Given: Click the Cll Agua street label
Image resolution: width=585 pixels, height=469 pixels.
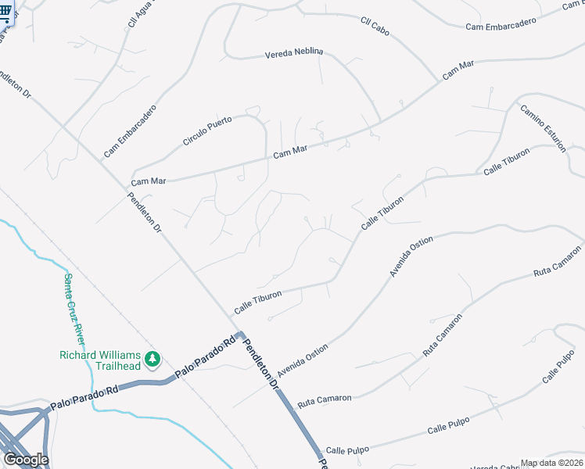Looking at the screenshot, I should tap(140, 15).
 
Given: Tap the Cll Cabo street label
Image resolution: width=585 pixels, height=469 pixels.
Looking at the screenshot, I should tap(375, 27).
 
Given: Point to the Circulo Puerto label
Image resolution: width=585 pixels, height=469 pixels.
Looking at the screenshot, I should tap(207, 131).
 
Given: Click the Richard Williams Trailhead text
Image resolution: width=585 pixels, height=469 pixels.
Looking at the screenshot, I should tap(100, 360).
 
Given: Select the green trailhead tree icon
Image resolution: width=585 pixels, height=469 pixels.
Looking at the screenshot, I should tap(153, 360).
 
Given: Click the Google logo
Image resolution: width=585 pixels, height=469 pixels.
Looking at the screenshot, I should tap(25, 459).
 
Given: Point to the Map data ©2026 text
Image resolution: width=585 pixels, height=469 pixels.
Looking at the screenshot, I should tap(551, 463).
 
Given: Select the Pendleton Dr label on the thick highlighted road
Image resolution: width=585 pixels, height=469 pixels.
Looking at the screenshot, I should tap(261, 363).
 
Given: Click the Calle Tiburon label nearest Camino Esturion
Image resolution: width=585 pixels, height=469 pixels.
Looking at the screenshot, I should tap(506, 161).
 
